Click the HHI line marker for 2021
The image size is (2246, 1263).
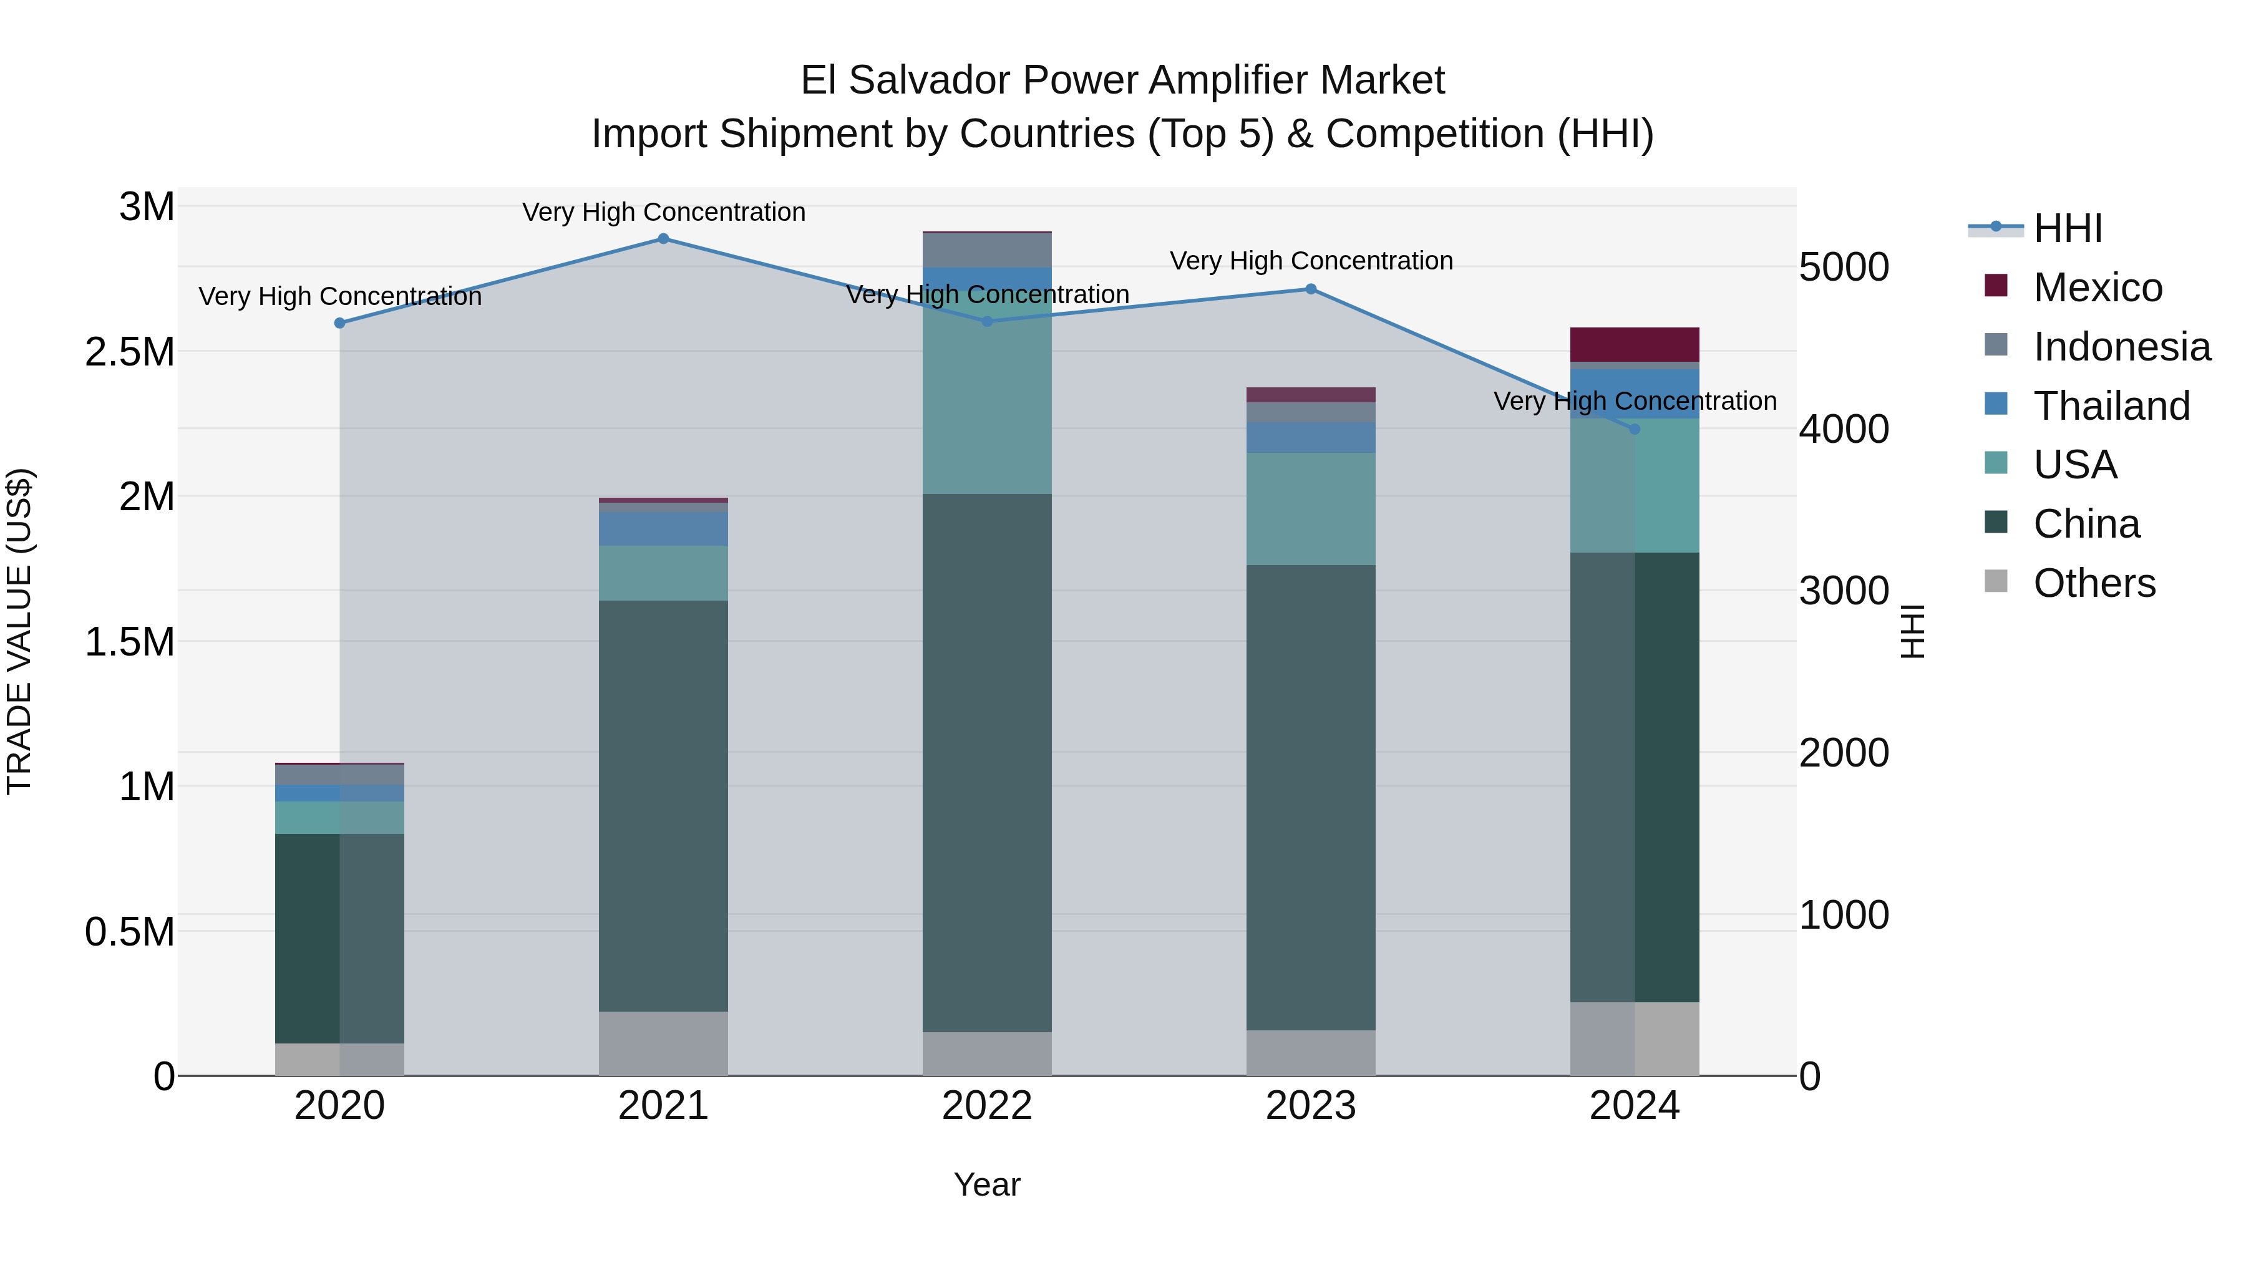click(x=664, y=239)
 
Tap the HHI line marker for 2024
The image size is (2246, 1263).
click(x=1635, y=429)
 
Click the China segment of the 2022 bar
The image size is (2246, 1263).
click(x=987, y=763)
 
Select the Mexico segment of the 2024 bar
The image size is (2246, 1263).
click(x=1635, y=344)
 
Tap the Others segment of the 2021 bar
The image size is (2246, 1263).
click(x=664, y=1043)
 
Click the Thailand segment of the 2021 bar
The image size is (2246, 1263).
click(x=664, y=529)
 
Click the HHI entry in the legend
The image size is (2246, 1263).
click(x=2068, y=228)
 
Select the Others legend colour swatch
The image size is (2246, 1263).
click(x=1996, y=581)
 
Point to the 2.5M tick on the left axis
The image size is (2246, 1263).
click(x=130, y=352)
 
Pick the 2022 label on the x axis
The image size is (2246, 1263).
click(x=987, y=1106)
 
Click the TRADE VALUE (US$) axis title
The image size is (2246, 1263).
click(x=19, y=631)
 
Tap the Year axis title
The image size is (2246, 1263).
click(x=987, y=1184)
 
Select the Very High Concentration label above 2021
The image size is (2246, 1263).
click(x=664, y=212)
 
